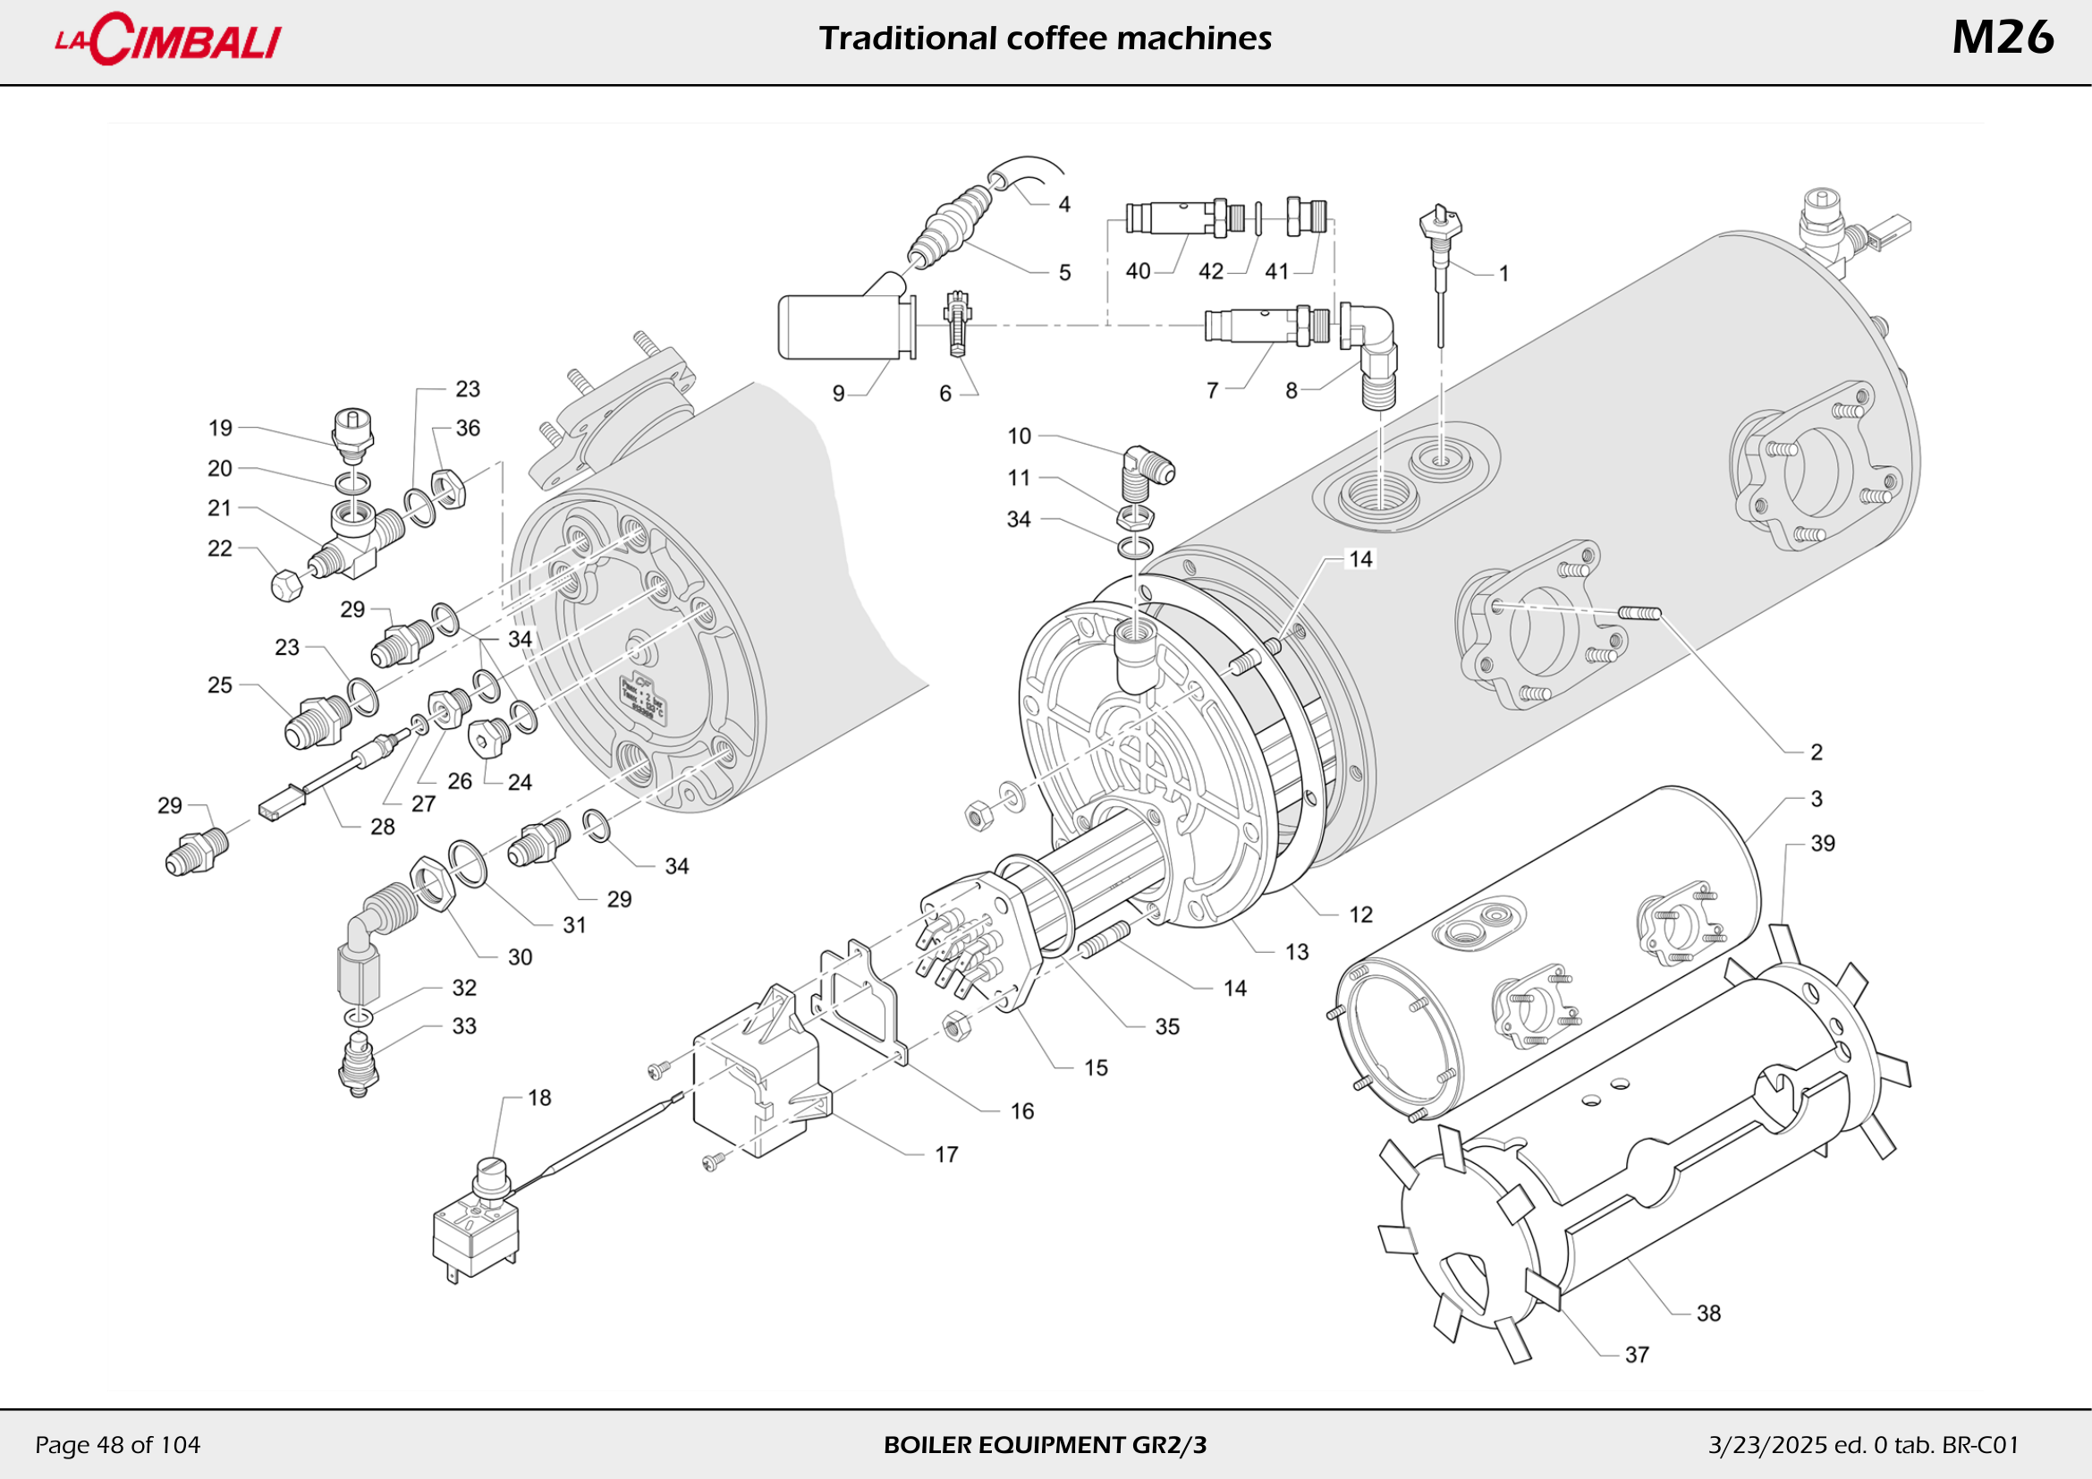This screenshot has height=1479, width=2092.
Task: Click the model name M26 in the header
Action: pyautogui.click(x=2002, y=38)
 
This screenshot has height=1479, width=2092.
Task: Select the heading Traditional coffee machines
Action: pyautogui.click(x=1045, y=38)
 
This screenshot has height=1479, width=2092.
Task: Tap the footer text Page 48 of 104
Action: pyautogui.click(x=117, y=1444)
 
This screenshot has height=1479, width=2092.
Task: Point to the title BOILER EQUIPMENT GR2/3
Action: pyautogui.click(x=1045, y=1444)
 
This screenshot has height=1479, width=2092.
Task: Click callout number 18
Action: pyautogui.click(x=539, y=1097)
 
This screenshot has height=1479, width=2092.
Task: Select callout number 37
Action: pyautogui.click(x=1637, y=1354)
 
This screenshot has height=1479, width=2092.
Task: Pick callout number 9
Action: pyautogui.click(x=838, y=393)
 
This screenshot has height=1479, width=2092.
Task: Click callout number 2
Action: pyautogui.click(x=1816, y=752)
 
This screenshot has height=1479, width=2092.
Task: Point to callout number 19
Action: pyautogui.click(x=221, y=428)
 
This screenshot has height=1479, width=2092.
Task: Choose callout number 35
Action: pyautogui.click(x=1167, y=1026)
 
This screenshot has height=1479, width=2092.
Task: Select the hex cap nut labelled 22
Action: pyautogui.click(x=286, y=584)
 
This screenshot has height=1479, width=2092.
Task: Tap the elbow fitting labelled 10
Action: pyautogui.click(x=1147, y=466)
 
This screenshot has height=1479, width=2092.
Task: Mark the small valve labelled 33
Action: pyautogui.click(x=358, y=1062)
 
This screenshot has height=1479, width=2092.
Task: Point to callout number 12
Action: pyautogui.click(x=1360, y=914)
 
